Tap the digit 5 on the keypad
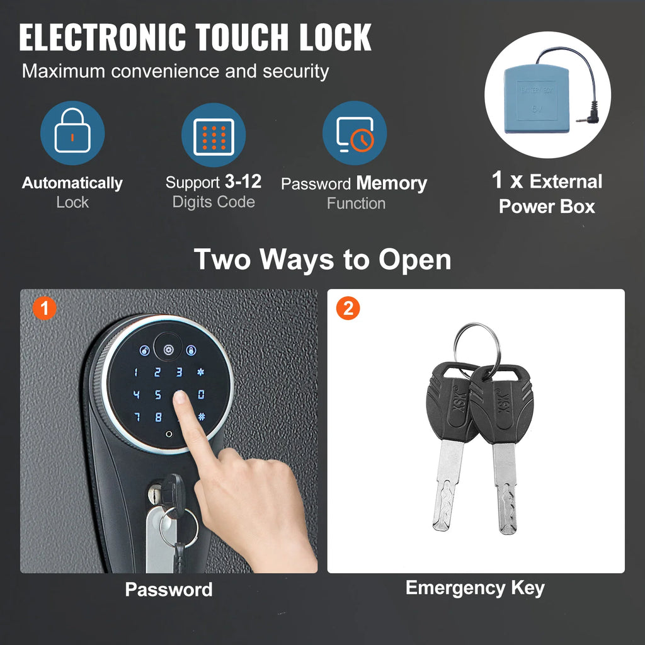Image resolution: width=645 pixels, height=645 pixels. tap(158, 395)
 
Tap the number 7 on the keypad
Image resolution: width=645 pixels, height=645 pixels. tap(137, 417)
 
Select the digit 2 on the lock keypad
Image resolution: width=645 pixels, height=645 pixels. tap(157, 372)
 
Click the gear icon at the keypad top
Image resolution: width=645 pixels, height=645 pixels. tap(168, 350)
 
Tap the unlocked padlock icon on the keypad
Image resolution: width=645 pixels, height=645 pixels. tap(145, 350)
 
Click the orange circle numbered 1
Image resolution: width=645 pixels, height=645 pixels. tap(45, 308)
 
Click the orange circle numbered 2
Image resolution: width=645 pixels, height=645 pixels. tap(348, 308)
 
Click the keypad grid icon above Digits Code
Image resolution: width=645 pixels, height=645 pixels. tap(214, 137)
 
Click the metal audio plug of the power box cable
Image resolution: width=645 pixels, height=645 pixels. tap(586, 117)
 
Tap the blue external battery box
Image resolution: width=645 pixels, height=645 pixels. tap(537, 99)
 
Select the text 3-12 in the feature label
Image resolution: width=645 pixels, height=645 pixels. tap(243, 181)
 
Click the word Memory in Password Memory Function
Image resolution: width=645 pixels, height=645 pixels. tap(392, 184)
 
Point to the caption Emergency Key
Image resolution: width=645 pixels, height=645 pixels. tap(475, 588)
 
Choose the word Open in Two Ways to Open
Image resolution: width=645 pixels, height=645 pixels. tap(414, 261)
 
